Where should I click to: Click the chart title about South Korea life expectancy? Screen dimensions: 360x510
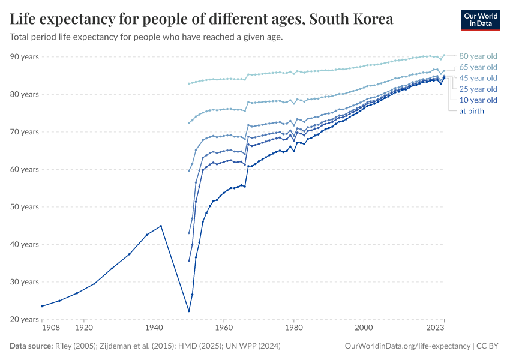pos(202,19)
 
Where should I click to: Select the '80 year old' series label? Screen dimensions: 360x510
pos(478,56)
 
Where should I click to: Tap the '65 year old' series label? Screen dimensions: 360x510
pos(478,67)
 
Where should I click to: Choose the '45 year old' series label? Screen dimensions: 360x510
pos(478,78)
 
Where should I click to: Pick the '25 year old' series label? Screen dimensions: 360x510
pos(478,89)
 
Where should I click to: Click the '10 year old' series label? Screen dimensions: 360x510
pos(478,100)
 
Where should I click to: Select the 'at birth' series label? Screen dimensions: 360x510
pos(471,110)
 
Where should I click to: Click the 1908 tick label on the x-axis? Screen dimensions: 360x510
pos(50,328)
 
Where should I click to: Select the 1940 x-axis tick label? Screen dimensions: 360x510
pos(154,328)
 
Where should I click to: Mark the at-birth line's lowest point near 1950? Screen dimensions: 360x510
pos(189,311)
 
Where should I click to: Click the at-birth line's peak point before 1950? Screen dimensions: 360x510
pos(161,226)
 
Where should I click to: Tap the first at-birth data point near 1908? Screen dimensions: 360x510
pos(41,306)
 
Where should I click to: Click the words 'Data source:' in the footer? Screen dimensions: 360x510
pos(31,346)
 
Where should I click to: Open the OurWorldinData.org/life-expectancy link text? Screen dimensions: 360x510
pos(408,346)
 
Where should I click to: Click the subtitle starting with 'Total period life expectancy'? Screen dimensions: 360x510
pos(146,37)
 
